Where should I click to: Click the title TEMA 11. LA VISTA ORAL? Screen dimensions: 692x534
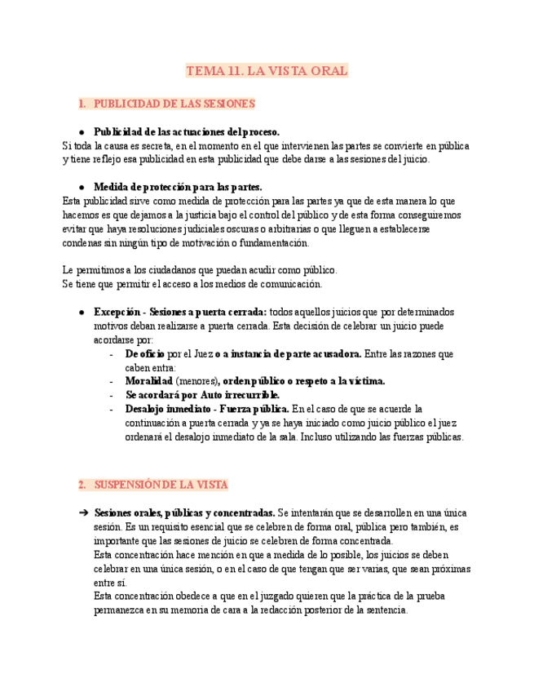pos(267,72)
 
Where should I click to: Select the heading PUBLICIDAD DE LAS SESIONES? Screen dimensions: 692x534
pos(174,104)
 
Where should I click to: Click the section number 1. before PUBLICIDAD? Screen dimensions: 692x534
pos(82,104)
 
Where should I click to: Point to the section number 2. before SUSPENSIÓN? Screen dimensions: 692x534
pos(82,485)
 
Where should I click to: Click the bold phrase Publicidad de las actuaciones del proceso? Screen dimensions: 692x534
pos(187,131)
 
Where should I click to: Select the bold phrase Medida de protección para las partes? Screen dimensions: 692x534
pos(178,186)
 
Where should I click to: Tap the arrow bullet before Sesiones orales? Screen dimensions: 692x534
pos(82,513)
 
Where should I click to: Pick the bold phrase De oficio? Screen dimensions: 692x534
pos(144,354)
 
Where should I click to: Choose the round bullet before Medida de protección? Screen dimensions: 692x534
pos(82,186)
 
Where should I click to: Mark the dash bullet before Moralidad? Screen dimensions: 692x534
pos(111,381)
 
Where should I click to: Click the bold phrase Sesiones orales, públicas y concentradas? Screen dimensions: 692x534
pos(184,513)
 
